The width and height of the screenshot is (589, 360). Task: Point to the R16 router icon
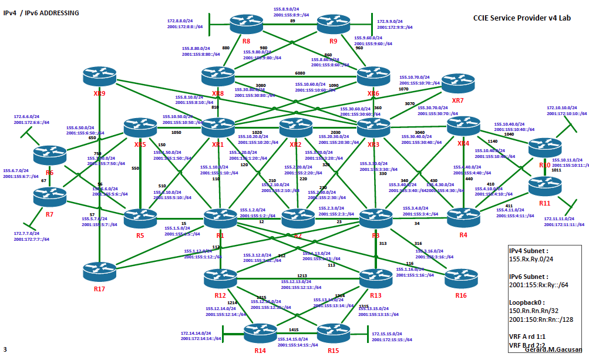pyautogui.click(x=460, y=278)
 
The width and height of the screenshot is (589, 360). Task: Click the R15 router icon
pyautogui.click(x=334, y=334)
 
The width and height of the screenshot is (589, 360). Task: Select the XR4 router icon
pyautogui.click(x=464, y=127)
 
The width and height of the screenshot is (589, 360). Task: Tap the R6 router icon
pyautogui.click(x=50, y=154)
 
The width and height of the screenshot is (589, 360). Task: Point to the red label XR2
pyautogui.click(x=295, y=144)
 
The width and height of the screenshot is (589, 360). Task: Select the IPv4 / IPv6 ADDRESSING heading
pyautogui.click(x=41, y=12)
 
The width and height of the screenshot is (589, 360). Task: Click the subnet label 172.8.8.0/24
pyautogui.click(x=183, y=20)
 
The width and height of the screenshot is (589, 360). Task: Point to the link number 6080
pyautogui.click(x=299, y=73)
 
